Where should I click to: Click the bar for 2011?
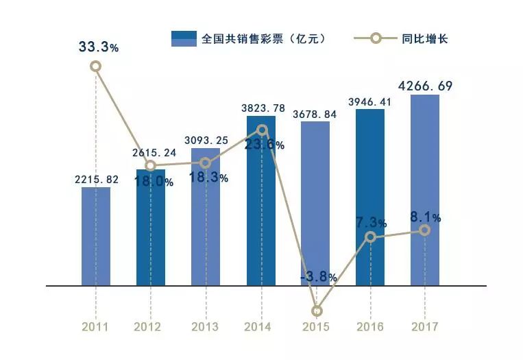pos(96,237)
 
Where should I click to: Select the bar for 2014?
pos(260,206)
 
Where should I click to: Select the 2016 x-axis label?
pos(370,327)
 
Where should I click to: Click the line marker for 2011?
pos(96,66)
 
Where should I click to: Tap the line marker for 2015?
pos(316,311)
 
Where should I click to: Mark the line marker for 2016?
pos(370,237)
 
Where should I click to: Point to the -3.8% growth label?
pos(318,278)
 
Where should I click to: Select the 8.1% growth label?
pos(426,217)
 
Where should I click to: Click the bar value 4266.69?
pos(425,86)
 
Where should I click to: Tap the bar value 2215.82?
pos(96,180)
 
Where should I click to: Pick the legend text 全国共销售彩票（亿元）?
pos(263,39)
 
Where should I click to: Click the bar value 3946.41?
pos(370,101)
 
